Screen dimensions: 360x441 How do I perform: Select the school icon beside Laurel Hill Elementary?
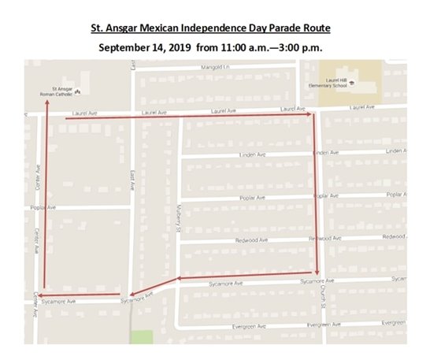point(352,82)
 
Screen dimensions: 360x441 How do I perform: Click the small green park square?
point(142,336)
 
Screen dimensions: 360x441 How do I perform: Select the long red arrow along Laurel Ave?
point(189,117)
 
